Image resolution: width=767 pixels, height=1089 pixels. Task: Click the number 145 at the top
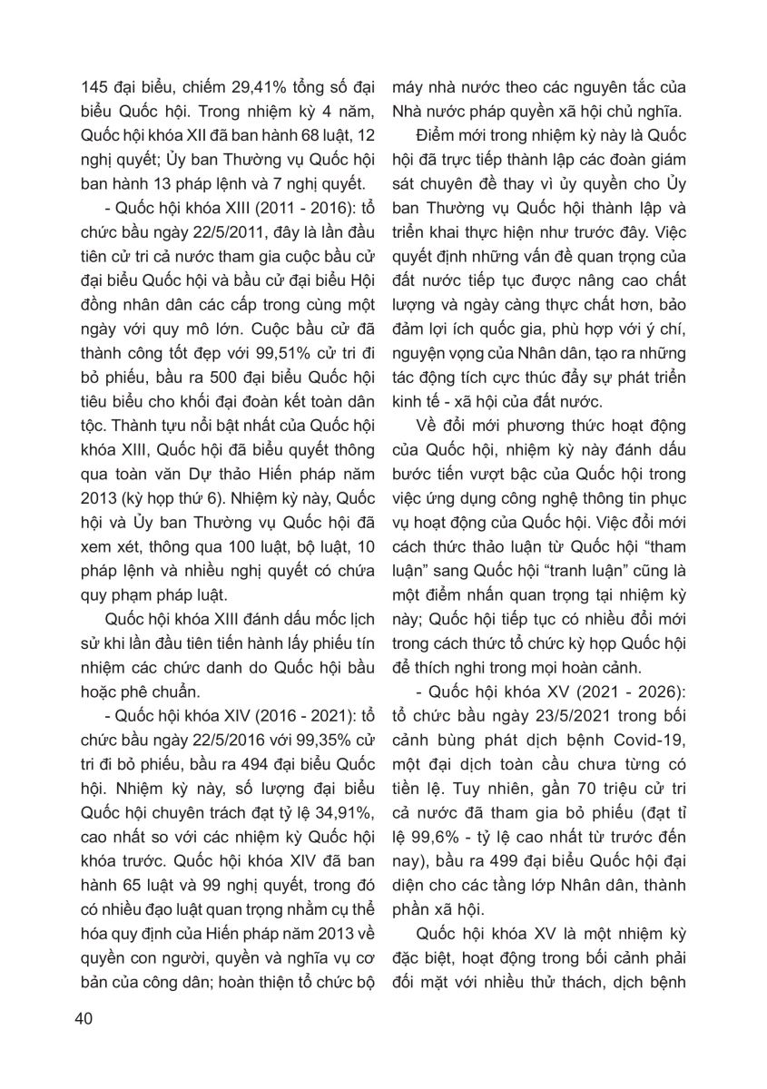pyautogui.click(x=93, y=89)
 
